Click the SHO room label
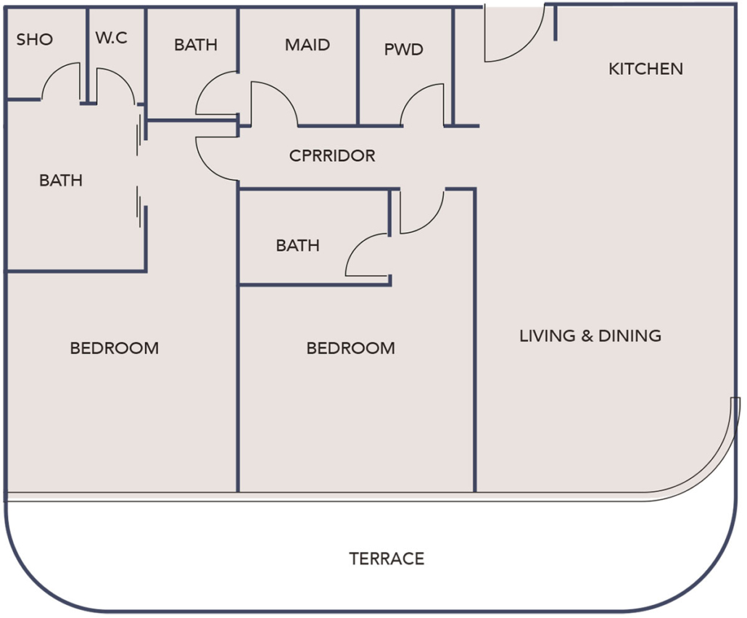coord(35,39)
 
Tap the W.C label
coord(111,38)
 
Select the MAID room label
coord(308,45)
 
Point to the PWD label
coord(404,50)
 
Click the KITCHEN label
coord(645,69)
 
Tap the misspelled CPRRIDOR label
coord(332,156)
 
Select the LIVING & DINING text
coord(590,336)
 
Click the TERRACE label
coord(387,559)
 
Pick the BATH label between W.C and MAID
coord(196,45)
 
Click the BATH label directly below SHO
coord(61,181)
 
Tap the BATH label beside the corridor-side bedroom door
coord(297,246)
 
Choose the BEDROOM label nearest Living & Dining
coord(351,348)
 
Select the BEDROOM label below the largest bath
coord(115,348)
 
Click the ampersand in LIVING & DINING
coord(588,336)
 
